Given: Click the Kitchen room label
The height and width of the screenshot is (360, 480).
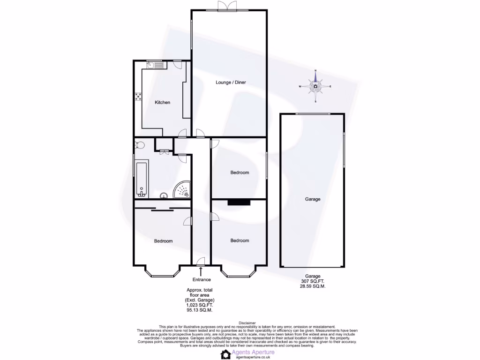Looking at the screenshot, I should (163, 103).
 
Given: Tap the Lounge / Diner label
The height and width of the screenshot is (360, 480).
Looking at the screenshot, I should (231, 82).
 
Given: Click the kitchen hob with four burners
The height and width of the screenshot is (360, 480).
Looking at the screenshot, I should (139, 97).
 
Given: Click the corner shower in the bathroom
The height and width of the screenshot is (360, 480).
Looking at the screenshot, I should (182, 190).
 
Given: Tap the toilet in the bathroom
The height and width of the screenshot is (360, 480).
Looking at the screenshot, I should (137, 145).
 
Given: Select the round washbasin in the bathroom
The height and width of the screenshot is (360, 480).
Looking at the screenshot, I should (164, 196).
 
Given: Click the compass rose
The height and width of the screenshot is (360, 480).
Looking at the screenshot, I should (315, 86).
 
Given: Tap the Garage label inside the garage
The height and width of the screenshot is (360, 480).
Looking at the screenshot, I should (313, 199).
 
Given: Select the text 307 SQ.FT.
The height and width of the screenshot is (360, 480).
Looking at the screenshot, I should (312, 281).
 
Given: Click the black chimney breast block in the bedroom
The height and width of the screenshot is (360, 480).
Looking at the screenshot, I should (239, 202).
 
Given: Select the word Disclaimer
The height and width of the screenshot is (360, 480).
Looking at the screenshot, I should (247, 323).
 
